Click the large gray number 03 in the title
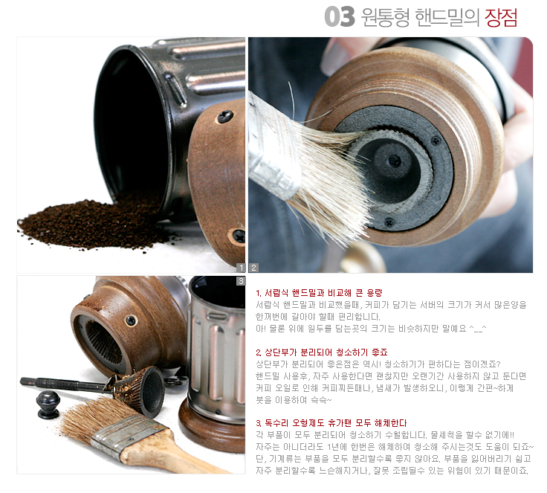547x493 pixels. [x=339, y=17]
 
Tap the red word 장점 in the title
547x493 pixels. [x=501, y=17]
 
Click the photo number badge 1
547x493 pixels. [x=241, y=268]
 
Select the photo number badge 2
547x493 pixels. [x=254, y=268]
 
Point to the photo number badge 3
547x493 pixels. [x=241, y=281]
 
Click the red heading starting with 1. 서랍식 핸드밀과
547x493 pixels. [x=319, y=292]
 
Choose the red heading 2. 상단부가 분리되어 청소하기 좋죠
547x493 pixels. [x=321, y=352]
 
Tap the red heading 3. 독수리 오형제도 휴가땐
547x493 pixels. [x=331, y=423]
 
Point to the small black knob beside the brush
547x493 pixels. [x=48, y=404]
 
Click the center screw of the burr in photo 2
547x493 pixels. [x=395, y=161]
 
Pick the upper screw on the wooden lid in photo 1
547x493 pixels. [x=225, y=116]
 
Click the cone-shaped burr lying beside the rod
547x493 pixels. [x=141, y=390]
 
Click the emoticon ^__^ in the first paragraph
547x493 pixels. [x=478, y=329]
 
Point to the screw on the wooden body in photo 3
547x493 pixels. [x=131, y=320]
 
